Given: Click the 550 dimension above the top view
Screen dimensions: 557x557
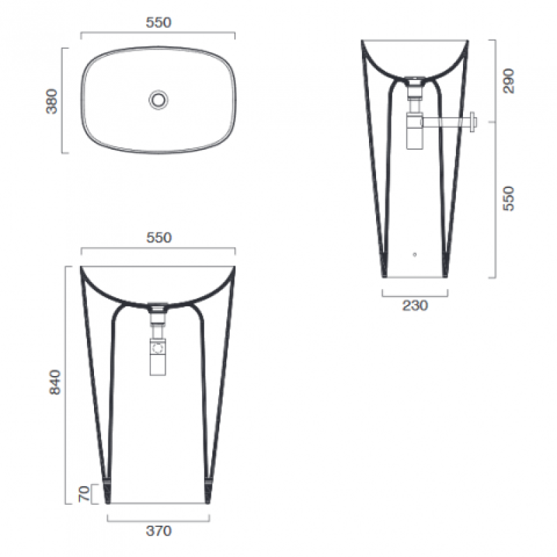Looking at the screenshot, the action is pyautogui.click(x=159, y=23).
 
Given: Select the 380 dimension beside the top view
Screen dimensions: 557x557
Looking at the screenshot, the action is pyautogui.click(x=52, y=101).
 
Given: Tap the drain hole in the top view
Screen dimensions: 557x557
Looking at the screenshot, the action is pyautogui.click(x=159, y=100).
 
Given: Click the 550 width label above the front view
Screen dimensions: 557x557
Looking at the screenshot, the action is pyautogui.click(x=159, y=237).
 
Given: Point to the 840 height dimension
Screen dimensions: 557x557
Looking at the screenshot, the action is pyautogui.click(x=55, y=382).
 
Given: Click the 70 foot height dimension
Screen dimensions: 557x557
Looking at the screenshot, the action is pyautogui.click(x=84, y=494).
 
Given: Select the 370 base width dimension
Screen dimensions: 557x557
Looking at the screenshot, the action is pyautogui.click(x=159, y=531).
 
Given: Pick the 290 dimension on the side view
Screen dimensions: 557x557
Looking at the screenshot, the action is pyautogui.click(x=509, y=81).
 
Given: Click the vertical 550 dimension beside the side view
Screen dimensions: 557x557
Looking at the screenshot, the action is pyautogui.click(x=509, y=198).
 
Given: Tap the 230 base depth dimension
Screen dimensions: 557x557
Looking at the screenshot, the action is pyautogui.click(x=415, y=306).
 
